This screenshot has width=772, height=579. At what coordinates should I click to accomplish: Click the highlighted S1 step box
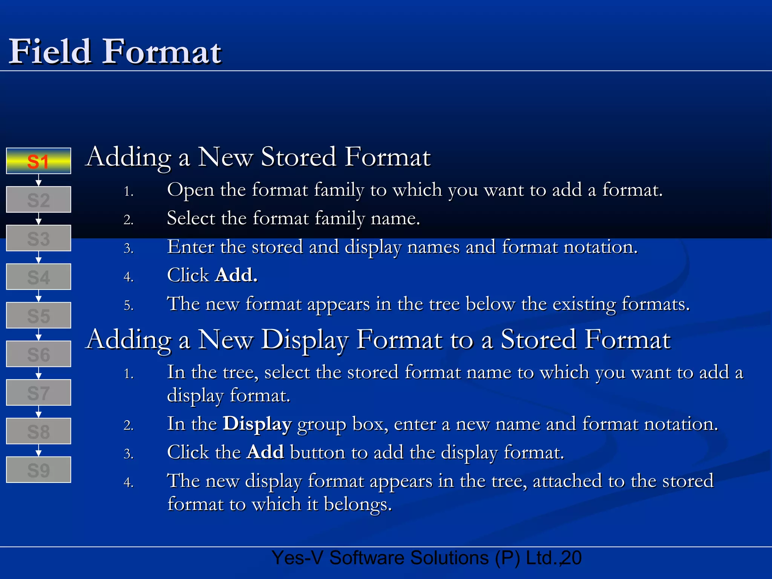[38, 161]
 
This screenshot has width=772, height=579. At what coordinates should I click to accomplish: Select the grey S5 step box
[38, 316]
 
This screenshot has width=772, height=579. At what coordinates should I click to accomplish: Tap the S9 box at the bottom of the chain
[38, 470]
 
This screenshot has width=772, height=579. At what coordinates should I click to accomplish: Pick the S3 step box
[38, 238]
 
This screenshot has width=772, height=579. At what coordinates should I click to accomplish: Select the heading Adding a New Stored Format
[258, 157]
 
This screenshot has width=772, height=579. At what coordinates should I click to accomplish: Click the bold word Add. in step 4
[236, 275]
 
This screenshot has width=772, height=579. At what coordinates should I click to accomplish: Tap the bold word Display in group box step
[257, 424]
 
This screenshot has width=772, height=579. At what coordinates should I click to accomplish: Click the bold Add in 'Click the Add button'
[265, 452]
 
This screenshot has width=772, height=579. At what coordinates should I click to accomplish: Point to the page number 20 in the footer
[571, 558]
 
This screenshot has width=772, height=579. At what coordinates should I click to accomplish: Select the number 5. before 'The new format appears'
[129, 305]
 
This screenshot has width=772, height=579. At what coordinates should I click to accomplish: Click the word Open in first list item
[190, 190]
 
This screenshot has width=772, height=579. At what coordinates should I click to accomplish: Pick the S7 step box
[38, 392]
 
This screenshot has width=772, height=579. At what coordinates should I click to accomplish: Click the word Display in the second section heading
[305, 339]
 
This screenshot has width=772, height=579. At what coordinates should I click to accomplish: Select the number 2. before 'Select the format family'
[129, 219]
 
